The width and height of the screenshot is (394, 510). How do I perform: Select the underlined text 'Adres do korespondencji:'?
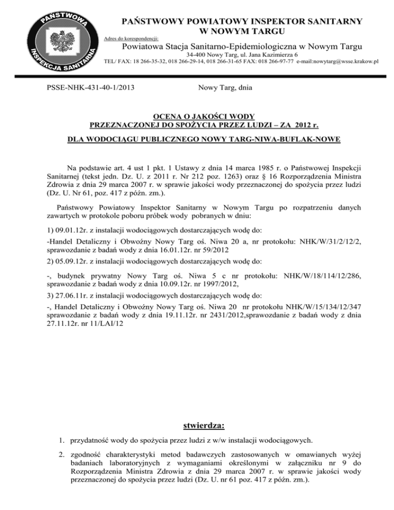coord(130,38)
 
